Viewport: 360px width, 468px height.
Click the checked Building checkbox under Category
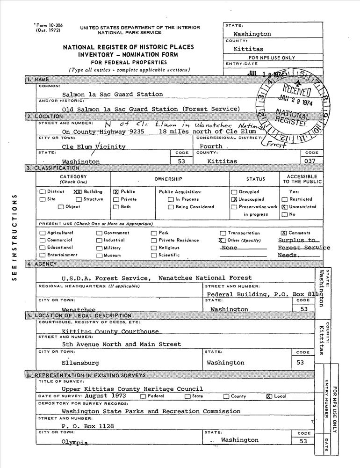coord(77,192)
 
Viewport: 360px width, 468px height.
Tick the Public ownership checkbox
coord(116,192)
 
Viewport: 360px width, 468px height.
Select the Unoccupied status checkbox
coord(234,199)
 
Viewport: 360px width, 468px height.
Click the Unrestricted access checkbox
coord(284,207)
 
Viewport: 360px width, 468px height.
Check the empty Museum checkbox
coord(99,256)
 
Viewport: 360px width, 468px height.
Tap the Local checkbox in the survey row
coord(268,396)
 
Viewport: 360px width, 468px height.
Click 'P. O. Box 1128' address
coord(87,426)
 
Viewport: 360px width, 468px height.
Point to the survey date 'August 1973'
coord(106,396)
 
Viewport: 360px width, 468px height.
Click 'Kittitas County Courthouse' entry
coord(110,331)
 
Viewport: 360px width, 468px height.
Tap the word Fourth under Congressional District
coord(211,146)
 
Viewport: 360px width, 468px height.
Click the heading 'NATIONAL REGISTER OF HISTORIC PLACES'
coord(127,47)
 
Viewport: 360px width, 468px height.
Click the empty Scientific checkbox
coord(154,256)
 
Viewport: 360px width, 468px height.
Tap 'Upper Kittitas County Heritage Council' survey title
coord(132,389)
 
